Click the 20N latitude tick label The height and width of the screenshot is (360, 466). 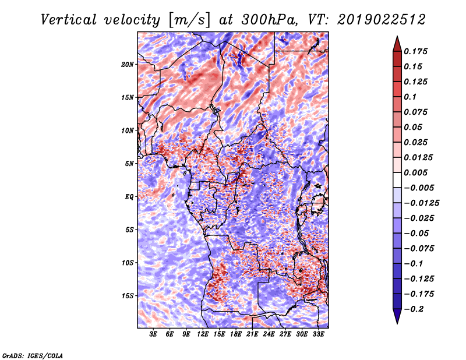pos(128,64)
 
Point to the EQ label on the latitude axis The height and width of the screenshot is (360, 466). pos(129,196)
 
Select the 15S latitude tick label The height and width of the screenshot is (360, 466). pos(128,295)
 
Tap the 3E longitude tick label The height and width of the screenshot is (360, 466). pos(154,334)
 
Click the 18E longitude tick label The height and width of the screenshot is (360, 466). pos(236,334)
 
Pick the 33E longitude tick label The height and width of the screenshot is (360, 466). pos(319,334)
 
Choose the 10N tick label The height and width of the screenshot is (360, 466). pos(128,130)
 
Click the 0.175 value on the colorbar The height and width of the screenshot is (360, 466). pos(418,51)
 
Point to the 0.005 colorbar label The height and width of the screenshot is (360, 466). pos(418,172)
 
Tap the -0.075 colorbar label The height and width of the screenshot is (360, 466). pos(422,249)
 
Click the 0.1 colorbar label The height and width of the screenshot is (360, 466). pos(411,97)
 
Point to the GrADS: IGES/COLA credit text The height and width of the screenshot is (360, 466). pos(33,355)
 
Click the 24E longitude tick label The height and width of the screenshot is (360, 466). pos(269,334)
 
